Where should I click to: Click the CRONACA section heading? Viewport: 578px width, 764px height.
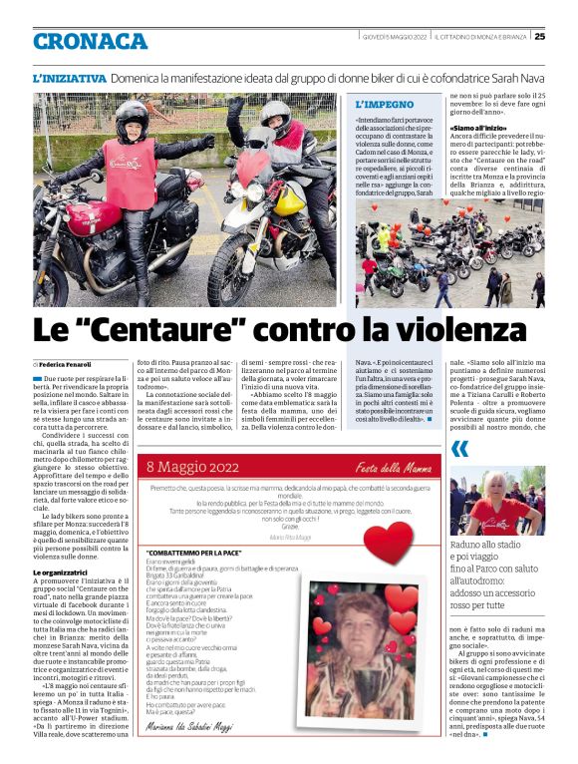point(90,41)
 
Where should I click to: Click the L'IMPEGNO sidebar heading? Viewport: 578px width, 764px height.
point(386,104)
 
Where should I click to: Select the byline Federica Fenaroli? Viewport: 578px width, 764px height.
point(66,365)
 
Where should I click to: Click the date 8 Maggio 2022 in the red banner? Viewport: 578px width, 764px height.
point(194,466)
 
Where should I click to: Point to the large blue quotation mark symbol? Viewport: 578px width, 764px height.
point(459,449)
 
